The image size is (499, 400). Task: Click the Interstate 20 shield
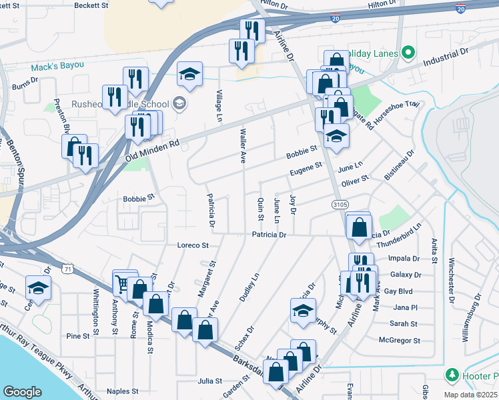pyautogui.click(x=460, y=8)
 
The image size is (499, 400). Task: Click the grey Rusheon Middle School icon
pyautogui.click(x=178, y=103)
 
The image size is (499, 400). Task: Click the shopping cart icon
pyautogui.click(x=122, y=283)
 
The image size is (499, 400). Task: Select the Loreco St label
pyautogui.click(x=193, y=245)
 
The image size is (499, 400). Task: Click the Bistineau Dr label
pyautogui.click(x=399, y=164)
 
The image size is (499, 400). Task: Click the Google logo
pyautogui.click(x=22, y=392)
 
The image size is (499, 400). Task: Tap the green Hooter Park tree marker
pyautogui.click(x=452, y=375)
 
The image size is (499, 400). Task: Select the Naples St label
pyautogui.click(x=122, y=391)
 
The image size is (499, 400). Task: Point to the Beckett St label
pyautogui.click(x=91, y=5)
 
